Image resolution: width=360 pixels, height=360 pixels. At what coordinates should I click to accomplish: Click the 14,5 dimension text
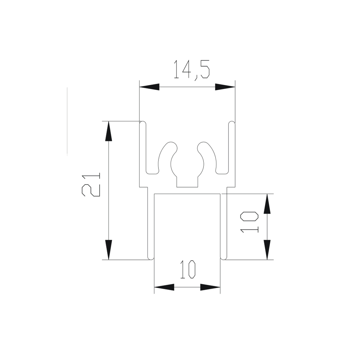[192, 70]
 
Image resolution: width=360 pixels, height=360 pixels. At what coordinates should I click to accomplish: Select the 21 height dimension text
[91, 185]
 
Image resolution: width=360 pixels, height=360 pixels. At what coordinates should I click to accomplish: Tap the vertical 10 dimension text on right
[249, 222]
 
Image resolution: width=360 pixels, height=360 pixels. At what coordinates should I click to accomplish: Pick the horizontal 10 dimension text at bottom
[188, 269]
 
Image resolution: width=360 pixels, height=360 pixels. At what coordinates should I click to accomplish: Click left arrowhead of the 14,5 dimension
[149, 87]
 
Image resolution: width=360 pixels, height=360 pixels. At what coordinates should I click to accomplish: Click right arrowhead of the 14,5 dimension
[225, 87]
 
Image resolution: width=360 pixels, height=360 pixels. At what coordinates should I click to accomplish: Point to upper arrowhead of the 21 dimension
[108, 131]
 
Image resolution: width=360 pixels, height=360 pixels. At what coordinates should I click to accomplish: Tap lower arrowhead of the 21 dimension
[108, 250]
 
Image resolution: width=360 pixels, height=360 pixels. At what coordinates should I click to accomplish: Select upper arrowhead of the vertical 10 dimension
[267, 204]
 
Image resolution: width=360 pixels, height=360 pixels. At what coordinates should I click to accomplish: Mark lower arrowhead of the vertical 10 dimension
[267, 250]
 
